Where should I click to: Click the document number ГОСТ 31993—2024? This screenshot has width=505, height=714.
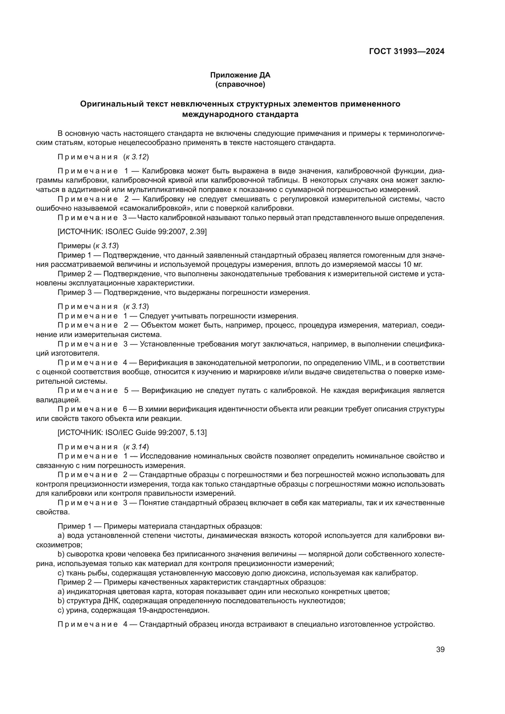point(407,51)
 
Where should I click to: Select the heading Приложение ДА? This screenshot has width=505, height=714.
point(240,75)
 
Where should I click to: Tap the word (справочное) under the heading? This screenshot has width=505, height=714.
point(240,84)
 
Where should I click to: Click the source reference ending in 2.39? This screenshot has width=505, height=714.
point(132,232)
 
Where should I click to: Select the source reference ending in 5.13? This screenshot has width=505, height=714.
point(132,432)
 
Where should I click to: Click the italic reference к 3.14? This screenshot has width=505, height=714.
point(136,447)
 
